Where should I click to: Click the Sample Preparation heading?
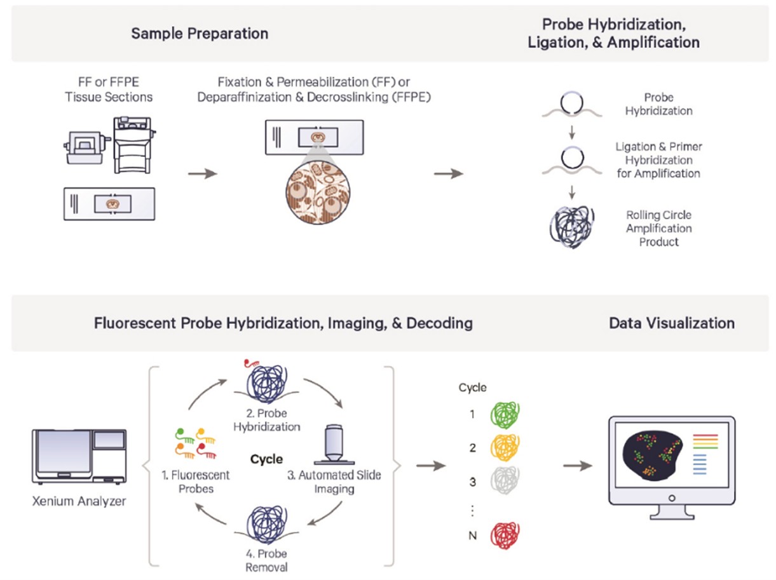(200, 33)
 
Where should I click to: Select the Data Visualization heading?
(672, 323)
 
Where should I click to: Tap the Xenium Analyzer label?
(79, 501)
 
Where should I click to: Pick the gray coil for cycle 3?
(506, 482)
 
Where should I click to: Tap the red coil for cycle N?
(506, 536)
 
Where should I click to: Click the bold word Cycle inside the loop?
(266, 459)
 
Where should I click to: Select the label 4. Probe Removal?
(266, 560)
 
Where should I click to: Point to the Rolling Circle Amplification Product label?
(659, 229)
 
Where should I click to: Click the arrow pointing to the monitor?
(577, 466)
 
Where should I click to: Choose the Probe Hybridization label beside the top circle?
(658, 104)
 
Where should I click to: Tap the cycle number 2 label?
(472, 448)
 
